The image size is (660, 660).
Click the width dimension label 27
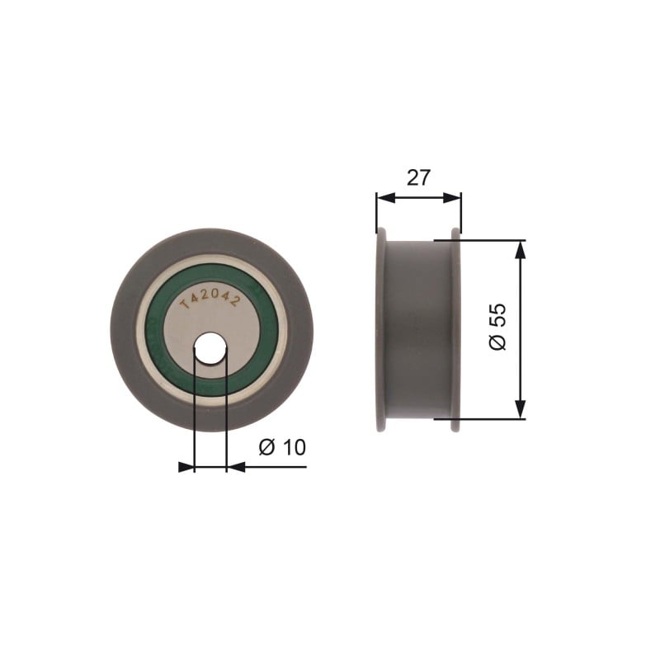coord(419,177)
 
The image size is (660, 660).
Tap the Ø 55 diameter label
coord(497,326)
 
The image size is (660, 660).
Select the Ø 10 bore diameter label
coord(282,447)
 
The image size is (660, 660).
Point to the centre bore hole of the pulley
coord(210,347)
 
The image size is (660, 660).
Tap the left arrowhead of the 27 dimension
coord(385,198)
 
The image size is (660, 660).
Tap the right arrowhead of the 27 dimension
coord(452,198)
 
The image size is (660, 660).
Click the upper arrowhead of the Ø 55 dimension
coord(521,250)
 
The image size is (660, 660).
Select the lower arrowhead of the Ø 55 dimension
coord(521,409)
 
